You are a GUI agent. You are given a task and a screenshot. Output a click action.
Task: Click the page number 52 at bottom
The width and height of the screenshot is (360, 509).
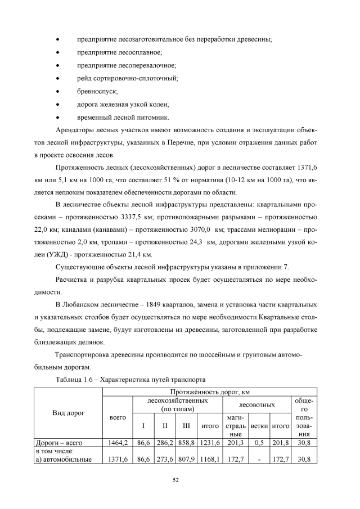[179, 479]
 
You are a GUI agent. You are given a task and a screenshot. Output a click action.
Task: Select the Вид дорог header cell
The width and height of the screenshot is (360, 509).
[69, 413]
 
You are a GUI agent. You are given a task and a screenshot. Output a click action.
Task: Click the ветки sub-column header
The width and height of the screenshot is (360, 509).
[259, 426]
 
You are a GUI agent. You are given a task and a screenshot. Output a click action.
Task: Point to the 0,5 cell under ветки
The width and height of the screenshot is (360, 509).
[259, 443]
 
